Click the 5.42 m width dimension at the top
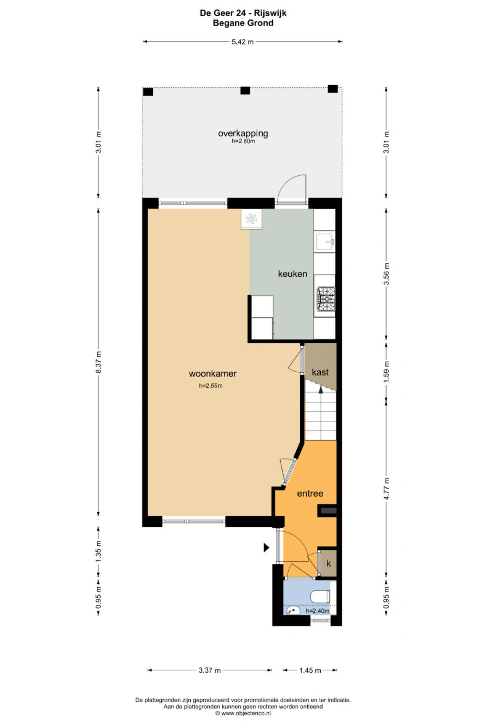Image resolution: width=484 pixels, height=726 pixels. coord(242,42)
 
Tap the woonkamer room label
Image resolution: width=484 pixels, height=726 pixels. coord(213,373)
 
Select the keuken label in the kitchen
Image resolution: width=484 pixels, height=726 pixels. coord(292,274)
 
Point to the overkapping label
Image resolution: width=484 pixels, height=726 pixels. coord(243,133)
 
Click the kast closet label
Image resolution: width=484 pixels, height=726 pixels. coord(320,372)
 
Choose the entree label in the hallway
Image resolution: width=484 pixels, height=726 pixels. coord(310,493)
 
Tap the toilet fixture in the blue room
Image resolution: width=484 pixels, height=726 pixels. coord(321,596)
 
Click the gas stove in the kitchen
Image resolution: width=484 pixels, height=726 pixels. coord(326,299)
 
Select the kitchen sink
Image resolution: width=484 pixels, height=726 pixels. coord(325,242)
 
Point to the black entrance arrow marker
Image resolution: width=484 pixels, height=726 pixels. coord(266,547)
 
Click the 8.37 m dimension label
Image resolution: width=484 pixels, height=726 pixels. coord(98,363)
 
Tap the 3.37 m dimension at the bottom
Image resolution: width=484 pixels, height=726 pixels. coord(210,670)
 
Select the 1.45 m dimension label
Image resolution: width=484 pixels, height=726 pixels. coord(310,670)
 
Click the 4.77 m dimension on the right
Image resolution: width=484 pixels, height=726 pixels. coord(386,489)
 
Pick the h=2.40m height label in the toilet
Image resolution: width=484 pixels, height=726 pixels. coord(317,611)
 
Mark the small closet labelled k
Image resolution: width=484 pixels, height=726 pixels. coord(328,563)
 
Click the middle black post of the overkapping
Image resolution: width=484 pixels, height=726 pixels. coord(245,91)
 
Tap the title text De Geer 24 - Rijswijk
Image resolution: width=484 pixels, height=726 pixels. coord(243,13)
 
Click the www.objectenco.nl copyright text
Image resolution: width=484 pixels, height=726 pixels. coord(243,713)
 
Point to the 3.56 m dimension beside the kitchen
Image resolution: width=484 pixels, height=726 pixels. coord(386,274)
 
